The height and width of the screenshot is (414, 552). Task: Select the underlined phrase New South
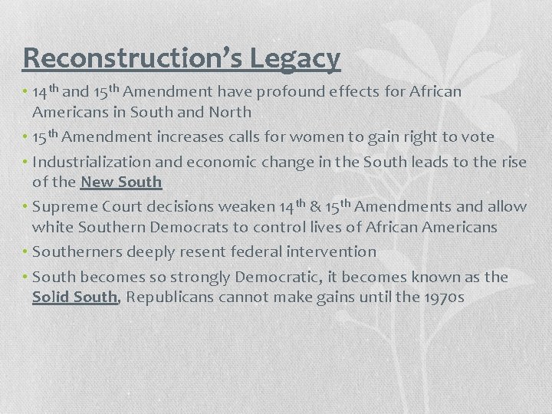(121, 182)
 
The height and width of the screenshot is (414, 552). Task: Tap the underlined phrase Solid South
(75, 297)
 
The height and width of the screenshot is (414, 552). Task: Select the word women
(294, 137)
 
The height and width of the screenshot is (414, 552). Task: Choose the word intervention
(331, 251)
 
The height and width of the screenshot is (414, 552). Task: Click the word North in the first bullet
(232, 111)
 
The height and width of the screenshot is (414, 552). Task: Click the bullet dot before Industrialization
(25, 163)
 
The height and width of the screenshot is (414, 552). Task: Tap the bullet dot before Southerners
(25, 251)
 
